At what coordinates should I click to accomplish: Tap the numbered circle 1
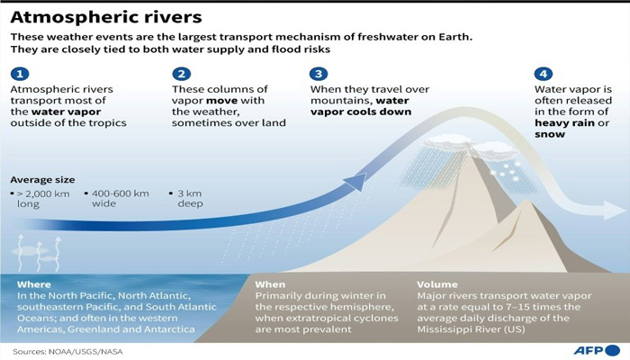coord(20,74)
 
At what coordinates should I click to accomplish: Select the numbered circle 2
coord(182,74)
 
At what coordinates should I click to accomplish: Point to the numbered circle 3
coord(318,74)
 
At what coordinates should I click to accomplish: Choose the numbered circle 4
coord(543,74)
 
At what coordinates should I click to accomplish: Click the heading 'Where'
coord(33,284)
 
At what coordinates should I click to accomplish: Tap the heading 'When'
coord(270,284)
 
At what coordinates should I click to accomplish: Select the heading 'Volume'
coord(437,284)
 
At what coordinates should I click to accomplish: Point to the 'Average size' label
coord(42,179)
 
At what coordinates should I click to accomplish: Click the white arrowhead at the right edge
coord(614,211)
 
